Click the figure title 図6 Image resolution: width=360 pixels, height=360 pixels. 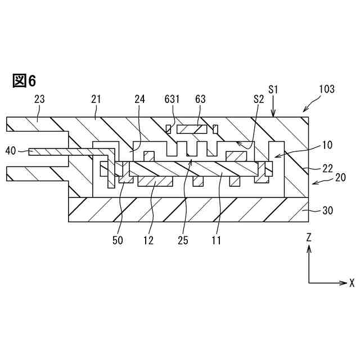(24, 81)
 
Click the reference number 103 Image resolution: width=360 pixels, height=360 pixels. (326, 89)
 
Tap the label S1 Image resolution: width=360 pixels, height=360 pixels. (273, 89)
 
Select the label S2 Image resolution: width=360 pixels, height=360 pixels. (259, 99)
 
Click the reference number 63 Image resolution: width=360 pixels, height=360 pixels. (200, 99)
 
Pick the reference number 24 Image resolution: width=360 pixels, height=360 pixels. (139, 99)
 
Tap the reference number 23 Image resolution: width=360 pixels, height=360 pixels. (39, 99)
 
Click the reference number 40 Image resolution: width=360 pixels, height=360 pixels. (11, 150)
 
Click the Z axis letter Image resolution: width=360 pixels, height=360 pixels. (309, 238)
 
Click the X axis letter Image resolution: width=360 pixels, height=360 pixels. (352, 282)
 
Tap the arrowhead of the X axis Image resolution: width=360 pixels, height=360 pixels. (344, 282)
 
